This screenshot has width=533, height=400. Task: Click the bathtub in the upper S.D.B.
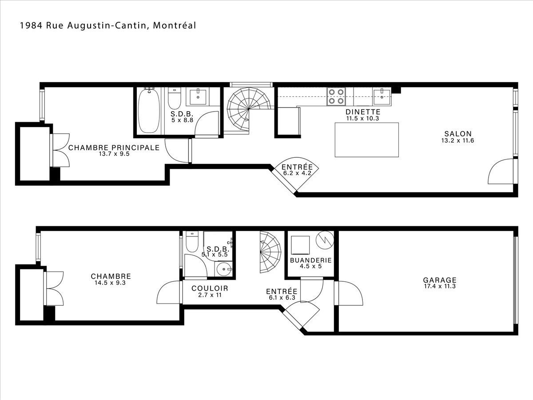[x=149, y=111]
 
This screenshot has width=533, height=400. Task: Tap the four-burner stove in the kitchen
[x=336, y=96]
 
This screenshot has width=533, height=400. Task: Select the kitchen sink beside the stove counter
[x=382, y=97]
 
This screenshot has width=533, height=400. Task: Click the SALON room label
[x=458, y=134]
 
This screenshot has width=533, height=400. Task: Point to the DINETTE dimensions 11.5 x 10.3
[x=362, y=118]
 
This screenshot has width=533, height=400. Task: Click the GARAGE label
[x=440, y=280]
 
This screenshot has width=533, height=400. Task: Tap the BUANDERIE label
[x=311, y=260]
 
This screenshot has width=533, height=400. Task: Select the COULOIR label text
[x=210, y=288]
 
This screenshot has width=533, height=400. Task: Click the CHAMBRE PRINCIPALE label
[x=114, y=148]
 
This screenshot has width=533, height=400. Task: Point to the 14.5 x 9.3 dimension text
[x=110, y=283]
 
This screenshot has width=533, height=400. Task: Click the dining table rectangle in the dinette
[x=367, y=140]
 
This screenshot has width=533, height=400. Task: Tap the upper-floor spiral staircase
[x=249, y=109]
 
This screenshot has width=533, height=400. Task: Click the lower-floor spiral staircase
[x=270, y=252]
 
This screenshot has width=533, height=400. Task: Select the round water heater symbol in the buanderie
[x=325, y=240]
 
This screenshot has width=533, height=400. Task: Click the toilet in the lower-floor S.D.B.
[x=192, y=242]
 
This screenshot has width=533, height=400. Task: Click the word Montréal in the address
[x=175, y=25]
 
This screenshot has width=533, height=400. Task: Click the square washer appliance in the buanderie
[x=300, y=245]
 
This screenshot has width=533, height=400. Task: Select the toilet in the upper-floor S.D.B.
[x=175, y=98]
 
